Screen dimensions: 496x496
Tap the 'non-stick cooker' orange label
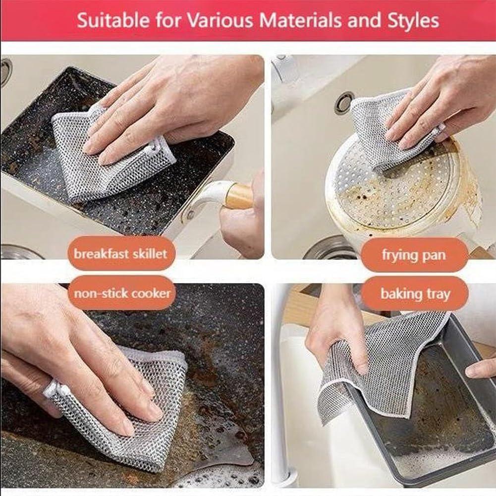(x=122, y=293)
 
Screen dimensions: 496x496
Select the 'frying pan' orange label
(x=414, y=255)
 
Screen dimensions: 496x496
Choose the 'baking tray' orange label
(x=415, y=294)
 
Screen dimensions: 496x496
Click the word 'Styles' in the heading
(x=415, y=20)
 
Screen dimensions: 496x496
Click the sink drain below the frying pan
(x=330, y=248)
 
